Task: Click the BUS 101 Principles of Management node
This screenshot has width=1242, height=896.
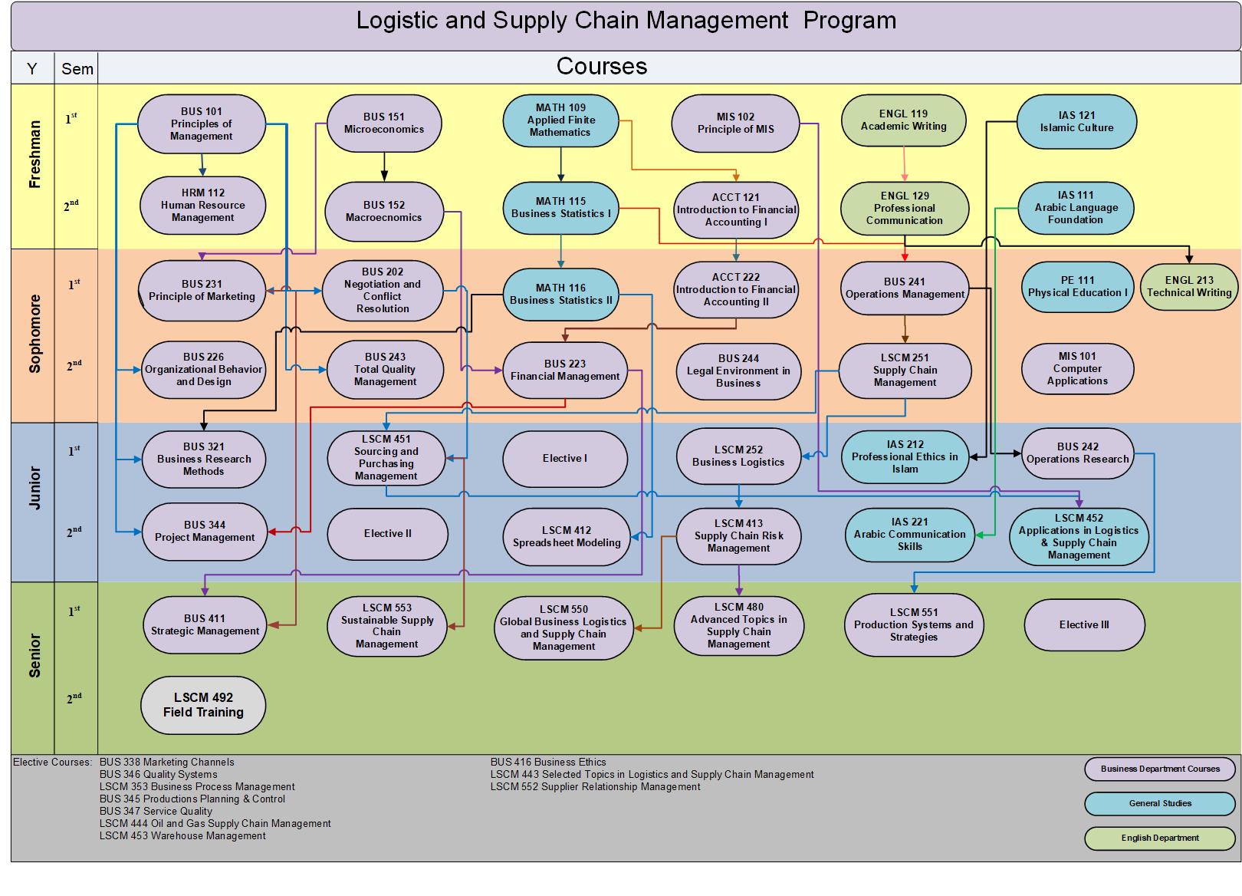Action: click(202, 124)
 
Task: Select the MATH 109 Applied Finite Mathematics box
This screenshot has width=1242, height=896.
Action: click(560, 120)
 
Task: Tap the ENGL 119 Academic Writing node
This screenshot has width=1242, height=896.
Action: click(903, 120)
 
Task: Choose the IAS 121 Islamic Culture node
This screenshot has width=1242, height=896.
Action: click(1076, 122)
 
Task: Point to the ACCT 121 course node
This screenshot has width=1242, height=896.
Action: click(736, 209)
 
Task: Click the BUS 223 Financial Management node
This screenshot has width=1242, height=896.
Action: click(565, 371)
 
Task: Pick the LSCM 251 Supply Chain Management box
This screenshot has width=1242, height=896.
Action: click(905, 370)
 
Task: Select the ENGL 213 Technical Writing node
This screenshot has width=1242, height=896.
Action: click(1189, 286)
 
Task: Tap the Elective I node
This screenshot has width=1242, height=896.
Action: click(565, 459)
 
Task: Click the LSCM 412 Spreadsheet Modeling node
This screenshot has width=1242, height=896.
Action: click(567, 536)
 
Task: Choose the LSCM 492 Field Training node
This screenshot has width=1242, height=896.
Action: click(203, 705)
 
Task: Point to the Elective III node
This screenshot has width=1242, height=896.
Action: click(1084, 624)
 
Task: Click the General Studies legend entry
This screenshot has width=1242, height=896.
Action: click(1160, 803)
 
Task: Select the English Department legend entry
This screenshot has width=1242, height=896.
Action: click(1160, 838)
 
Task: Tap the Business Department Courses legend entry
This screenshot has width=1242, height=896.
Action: click(1160, 769)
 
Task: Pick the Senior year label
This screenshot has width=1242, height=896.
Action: click(34, 655)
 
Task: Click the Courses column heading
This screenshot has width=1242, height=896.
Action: click(602, 67)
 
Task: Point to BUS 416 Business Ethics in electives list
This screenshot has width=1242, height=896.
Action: click(548, 763)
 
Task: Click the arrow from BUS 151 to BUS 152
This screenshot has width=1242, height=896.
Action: click(384, 164)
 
